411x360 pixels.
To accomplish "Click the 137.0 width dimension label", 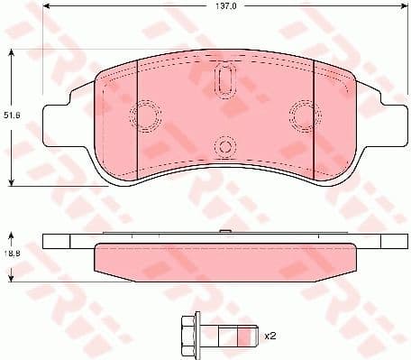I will [x=223, y=7].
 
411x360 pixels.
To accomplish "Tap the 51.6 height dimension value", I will [x=11, y=115].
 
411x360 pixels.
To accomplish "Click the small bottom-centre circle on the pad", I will [x=224, y=147].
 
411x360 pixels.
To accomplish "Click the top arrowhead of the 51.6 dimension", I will [x=11, y=52].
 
